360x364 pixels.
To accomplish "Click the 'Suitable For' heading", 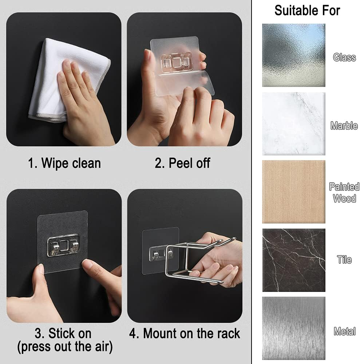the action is pos(307,11).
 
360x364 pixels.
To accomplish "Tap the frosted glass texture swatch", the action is pos(294,55).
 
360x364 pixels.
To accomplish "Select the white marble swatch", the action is pos(294,123).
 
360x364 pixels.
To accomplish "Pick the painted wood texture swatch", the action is pos(294,192).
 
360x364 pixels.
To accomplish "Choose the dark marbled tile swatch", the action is pos(294,260).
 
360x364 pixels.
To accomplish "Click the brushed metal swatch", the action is pos(294,328).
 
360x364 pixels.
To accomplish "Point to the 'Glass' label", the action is pos(344,58).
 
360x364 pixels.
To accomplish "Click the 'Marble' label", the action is pos(344,126).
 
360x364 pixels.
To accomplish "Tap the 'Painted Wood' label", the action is pos(344,193).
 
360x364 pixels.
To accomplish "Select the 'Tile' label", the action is pos(344,260).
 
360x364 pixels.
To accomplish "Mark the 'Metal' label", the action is pos(345,331).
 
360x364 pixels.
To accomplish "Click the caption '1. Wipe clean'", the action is pos(64,163).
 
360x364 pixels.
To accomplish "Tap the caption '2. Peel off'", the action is pos(182,163).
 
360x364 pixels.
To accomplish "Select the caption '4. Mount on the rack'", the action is pos(185,333).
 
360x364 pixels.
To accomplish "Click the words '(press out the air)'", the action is pos(65,347).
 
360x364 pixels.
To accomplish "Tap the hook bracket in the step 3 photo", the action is pos(63,245).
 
